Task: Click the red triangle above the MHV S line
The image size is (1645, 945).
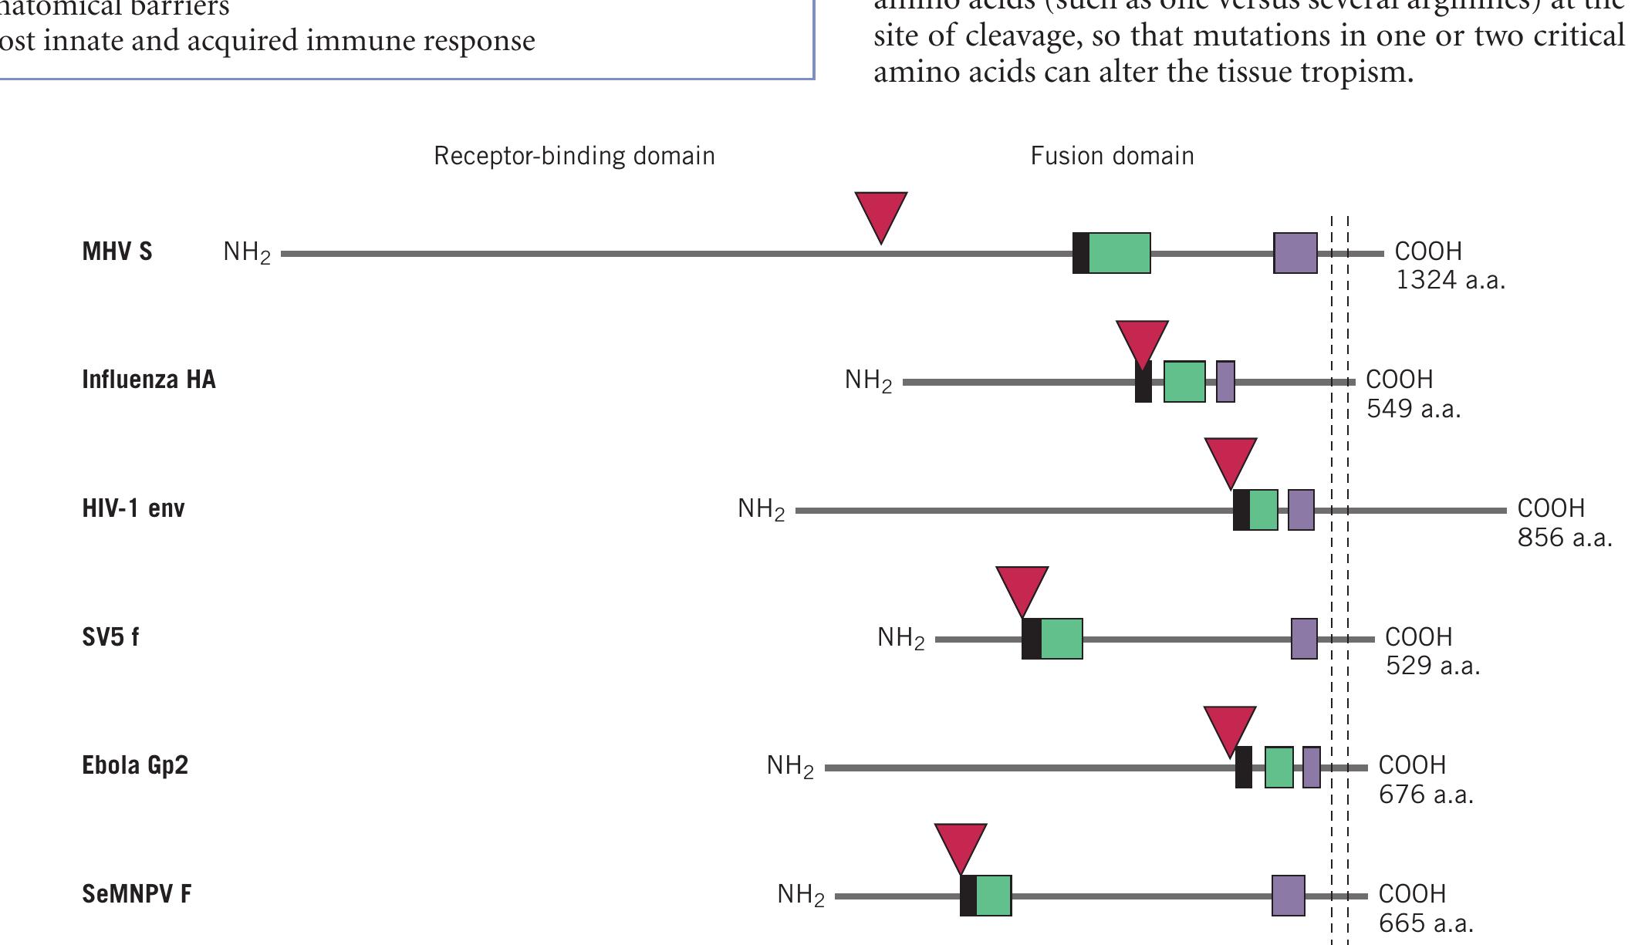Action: point(880,214)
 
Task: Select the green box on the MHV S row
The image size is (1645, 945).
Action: point(1120,253)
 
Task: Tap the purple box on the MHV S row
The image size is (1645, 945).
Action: point(1295,253)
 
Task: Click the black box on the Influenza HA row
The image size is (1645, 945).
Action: point(1143,383)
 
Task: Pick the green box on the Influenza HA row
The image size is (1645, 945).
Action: point(1184,381)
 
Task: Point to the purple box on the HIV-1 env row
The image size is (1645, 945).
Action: point(1301,510)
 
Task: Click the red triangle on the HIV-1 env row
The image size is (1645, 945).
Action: point(1230,460)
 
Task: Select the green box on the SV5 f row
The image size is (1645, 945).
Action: point(1062,639)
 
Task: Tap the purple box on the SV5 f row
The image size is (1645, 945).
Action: point(1304,639)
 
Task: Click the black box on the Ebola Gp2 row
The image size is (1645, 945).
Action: point(1243,768)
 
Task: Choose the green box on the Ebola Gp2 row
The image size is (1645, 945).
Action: point(1279,768)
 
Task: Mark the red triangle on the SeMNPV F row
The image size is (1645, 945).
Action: point(960,845)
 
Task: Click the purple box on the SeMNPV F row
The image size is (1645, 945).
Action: point(1288,896)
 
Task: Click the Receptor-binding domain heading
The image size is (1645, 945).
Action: point(574,156)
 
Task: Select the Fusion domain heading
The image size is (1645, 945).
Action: point(1112,156)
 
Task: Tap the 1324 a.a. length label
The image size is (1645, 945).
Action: point(1450,280)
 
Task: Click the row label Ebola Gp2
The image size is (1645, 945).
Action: point(135,765)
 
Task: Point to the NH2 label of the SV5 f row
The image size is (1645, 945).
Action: point(900,638)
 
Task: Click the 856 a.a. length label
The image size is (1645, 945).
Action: point(1564,538)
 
